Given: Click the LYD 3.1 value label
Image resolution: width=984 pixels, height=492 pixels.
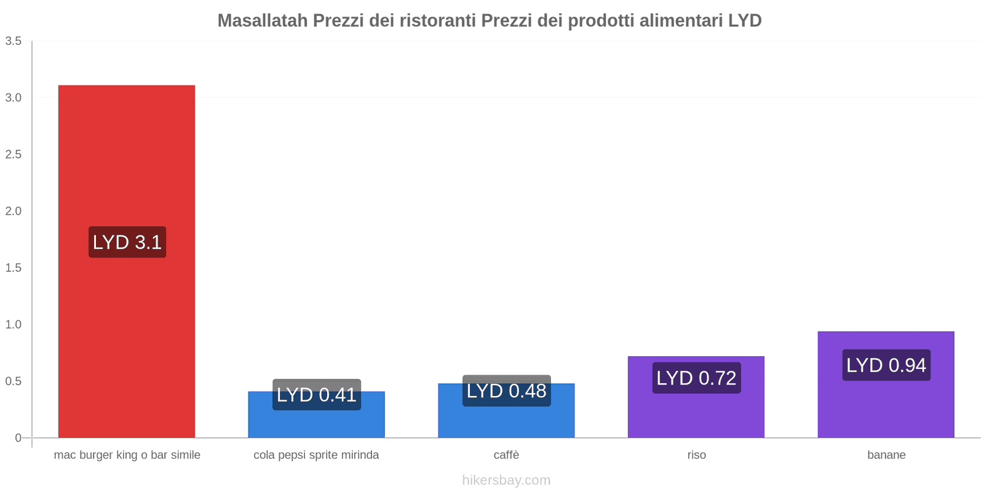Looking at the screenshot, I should tap(127, 242).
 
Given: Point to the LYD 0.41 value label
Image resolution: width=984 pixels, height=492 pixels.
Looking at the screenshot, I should tap(317, 395).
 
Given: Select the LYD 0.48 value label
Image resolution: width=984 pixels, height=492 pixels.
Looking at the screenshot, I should tap(506, 391).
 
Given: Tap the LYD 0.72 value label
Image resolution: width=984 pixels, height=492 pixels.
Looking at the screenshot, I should tap(696, 378).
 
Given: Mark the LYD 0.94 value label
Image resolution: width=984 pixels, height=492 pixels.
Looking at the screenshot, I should tap(886, 365).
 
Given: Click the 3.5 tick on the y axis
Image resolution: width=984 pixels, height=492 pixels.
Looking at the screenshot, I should tap(14, 41).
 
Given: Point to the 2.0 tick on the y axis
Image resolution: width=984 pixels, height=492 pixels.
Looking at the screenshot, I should tap(14, 211).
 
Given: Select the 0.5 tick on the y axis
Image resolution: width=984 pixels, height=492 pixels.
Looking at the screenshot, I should tap(14, 381).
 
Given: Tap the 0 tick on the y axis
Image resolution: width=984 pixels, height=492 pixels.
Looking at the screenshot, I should tap(18, 438).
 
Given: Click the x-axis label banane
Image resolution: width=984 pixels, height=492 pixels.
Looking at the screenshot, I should tap(886, 455).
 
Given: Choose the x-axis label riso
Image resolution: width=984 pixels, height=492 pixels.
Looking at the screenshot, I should tap(696, 455).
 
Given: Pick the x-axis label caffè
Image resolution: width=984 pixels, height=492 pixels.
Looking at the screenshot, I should tap(506, 455).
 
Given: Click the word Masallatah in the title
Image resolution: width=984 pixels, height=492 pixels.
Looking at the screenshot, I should tap(263, 21).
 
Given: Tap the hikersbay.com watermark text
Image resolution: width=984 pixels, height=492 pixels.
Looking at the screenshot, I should tap(506, 480).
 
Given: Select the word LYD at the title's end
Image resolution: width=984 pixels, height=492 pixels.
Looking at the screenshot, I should tap(745, 21).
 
